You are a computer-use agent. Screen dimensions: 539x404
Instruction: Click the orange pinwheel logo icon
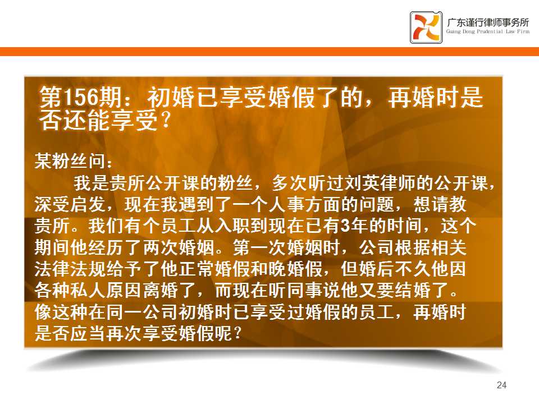[426, 27]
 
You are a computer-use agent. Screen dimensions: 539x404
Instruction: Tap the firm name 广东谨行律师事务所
[488, 22]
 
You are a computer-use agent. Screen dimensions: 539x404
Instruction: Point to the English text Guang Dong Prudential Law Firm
[488, 31]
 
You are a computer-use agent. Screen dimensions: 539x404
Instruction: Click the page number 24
[501, 385]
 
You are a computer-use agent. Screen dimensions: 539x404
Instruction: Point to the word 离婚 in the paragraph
[160, 291]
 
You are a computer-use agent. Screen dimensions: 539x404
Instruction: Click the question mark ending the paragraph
[237, 333]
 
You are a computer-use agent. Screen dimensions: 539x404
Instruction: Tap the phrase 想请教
[440, 204]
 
